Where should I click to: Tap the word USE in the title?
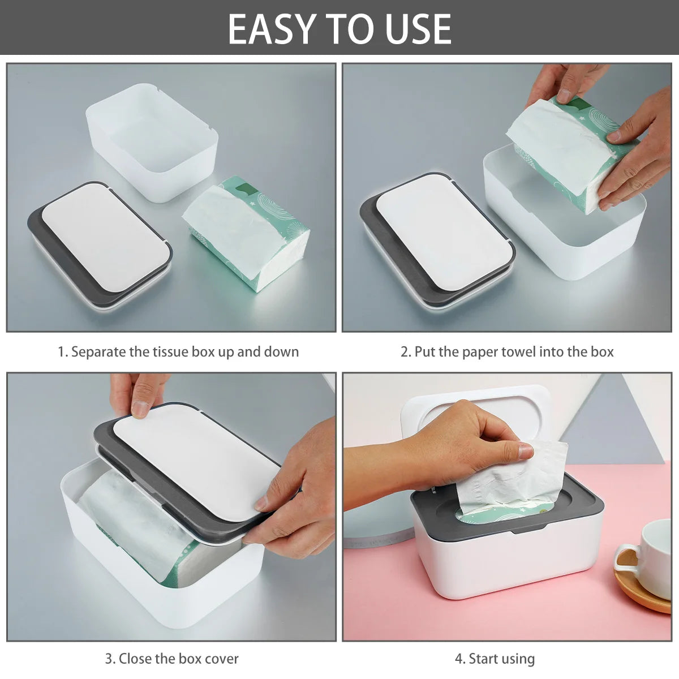(418, 28)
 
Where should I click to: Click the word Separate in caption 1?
(99, 352)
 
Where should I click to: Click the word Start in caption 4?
(482, 659)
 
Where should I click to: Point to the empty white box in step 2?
(566, 238)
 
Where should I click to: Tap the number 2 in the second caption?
(405, 352)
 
